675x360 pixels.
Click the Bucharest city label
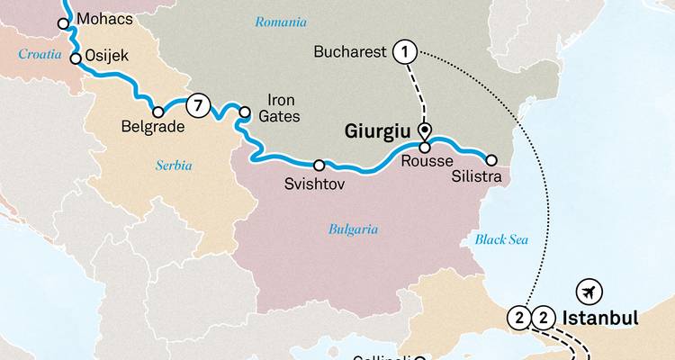point(349,52)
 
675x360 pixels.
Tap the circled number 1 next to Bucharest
point(404,53)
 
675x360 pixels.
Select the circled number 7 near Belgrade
point(198,106)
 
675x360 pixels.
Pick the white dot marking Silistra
point(490,160)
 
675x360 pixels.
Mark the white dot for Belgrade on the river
point(158,112)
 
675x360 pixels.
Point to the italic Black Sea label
point(500,239)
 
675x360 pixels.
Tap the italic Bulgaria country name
point(353,229)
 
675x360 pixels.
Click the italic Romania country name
point(280,22)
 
